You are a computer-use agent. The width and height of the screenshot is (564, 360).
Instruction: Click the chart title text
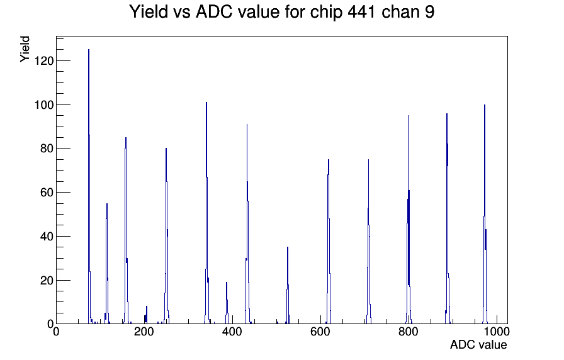point(281,11)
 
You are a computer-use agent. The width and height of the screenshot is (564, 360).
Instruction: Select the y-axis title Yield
point(25,49)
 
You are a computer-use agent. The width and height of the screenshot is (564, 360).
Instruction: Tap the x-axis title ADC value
point(478,344)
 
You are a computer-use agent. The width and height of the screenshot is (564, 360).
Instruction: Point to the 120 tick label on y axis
point(43,61)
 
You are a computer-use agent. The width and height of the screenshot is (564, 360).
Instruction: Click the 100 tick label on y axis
point(43,105)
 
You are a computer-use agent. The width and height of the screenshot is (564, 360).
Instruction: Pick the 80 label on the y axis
point(47,149)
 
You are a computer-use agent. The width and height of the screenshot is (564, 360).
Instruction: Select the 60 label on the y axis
point(47,193)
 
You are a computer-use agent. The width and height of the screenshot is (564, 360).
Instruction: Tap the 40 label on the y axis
point(47,236)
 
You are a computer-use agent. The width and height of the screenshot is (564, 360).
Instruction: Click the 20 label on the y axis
point(47,280)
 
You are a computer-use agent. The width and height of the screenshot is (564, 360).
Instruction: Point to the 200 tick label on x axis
point(144,332)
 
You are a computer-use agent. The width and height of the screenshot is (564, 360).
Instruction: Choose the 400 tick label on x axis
point(232,332)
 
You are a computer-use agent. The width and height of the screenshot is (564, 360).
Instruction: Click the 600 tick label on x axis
point(320,332)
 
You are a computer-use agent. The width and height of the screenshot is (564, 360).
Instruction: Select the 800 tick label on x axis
point(409,332)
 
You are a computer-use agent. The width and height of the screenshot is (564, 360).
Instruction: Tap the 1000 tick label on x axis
point(497,332)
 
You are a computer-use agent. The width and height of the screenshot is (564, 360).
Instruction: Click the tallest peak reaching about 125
point(89,187)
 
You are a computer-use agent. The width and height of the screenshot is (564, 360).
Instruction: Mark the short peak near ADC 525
point(288,286)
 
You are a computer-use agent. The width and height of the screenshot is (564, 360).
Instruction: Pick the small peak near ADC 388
point(227,303)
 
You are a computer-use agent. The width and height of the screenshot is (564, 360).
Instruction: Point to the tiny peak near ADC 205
point(147,315)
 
